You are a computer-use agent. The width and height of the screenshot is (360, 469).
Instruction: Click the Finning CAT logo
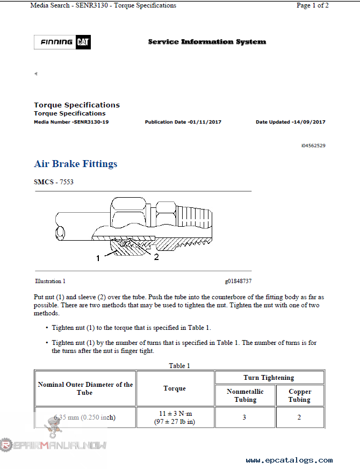[62, 42]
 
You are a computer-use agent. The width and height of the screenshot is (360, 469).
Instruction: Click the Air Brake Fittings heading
[75, 164]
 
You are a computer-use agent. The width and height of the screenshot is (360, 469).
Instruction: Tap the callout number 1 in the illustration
[98, 258]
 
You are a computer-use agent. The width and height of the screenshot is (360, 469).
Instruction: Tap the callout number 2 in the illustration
[156, 257]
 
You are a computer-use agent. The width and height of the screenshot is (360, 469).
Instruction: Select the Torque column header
[175, 388]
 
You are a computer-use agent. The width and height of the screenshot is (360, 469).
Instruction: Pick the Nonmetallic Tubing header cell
[245, 395]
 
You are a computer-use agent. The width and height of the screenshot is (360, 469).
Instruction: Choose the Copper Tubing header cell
[299, 395]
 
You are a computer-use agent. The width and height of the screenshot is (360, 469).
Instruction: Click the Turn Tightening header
[269, 378]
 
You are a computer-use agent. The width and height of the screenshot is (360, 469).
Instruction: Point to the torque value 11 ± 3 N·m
[175, 413]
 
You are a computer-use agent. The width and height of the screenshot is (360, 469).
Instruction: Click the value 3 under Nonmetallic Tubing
[244, 417]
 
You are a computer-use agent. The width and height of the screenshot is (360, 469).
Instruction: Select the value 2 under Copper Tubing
[299, 417]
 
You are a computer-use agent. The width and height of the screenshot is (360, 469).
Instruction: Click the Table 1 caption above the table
[179, 366]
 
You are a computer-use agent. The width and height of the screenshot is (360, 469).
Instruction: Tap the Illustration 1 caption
[51, 281]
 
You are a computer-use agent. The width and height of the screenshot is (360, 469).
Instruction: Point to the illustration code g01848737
[238, 281]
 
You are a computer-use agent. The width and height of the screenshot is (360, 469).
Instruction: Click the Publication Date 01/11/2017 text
[183, 122]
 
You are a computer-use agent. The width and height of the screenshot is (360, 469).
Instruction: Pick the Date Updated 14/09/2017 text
[290, 122]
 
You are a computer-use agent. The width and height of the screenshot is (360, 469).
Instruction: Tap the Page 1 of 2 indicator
[312, 5]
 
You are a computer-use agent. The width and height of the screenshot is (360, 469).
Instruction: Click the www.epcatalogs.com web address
[289, 460]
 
